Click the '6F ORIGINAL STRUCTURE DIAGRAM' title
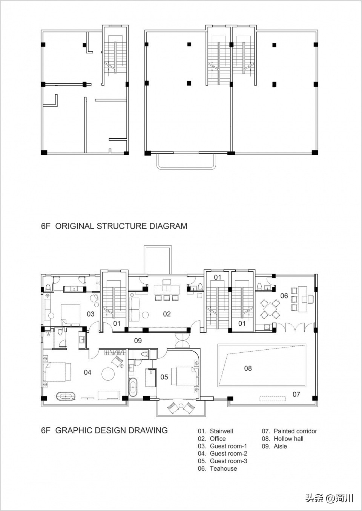[x=114, y=226]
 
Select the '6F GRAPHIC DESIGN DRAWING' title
[x=104, y=430]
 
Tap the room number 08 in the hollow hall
[x=248, y=368]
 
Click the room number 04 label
[x=87, y=372]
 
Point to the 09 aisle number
[x=138, y=341]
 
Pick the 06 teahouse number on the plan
[x=284, y=296]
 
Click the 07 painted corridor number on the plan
[x=296, y=394]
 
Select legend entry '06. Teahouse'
[x=217, y=468]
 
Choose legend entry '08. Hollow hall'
[x=282, y=439]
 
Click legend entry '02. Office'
[x=212, y=439]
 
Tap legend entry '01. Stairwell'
[x=215, y=431]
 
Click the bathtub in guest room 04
[x=66, y=396]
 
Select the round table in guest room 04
[x=108, y=373]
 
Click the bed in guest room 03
[x=71, y=314]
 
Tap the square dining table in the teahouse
[x=270, y=309]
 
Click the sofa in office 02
[x=134, y=309]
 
